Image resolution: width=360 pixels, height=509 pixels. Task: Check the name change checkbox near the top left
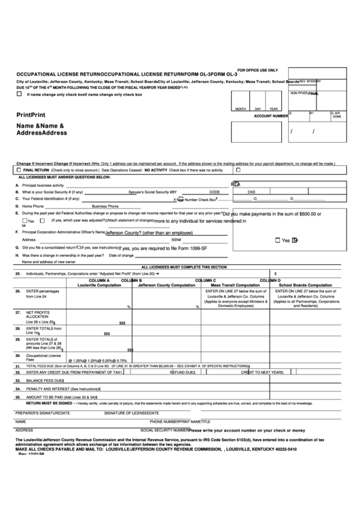point(19,94)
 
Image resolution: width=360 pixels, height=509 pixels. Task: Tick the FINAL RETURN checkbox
point(19,170)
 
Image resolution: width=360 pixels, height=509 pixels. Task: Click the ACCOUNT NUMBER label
point(270,116)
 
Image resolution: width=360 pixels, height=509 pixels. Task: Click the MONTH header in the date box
point(240,109)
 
